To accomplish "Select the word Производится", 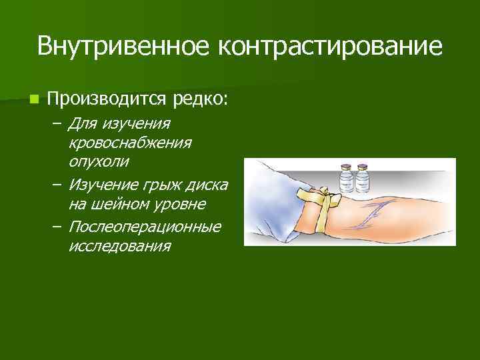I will (109, 100).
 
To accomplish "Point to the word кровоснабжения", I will (130, 143).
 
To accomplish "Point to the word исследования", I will (119, 245).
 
